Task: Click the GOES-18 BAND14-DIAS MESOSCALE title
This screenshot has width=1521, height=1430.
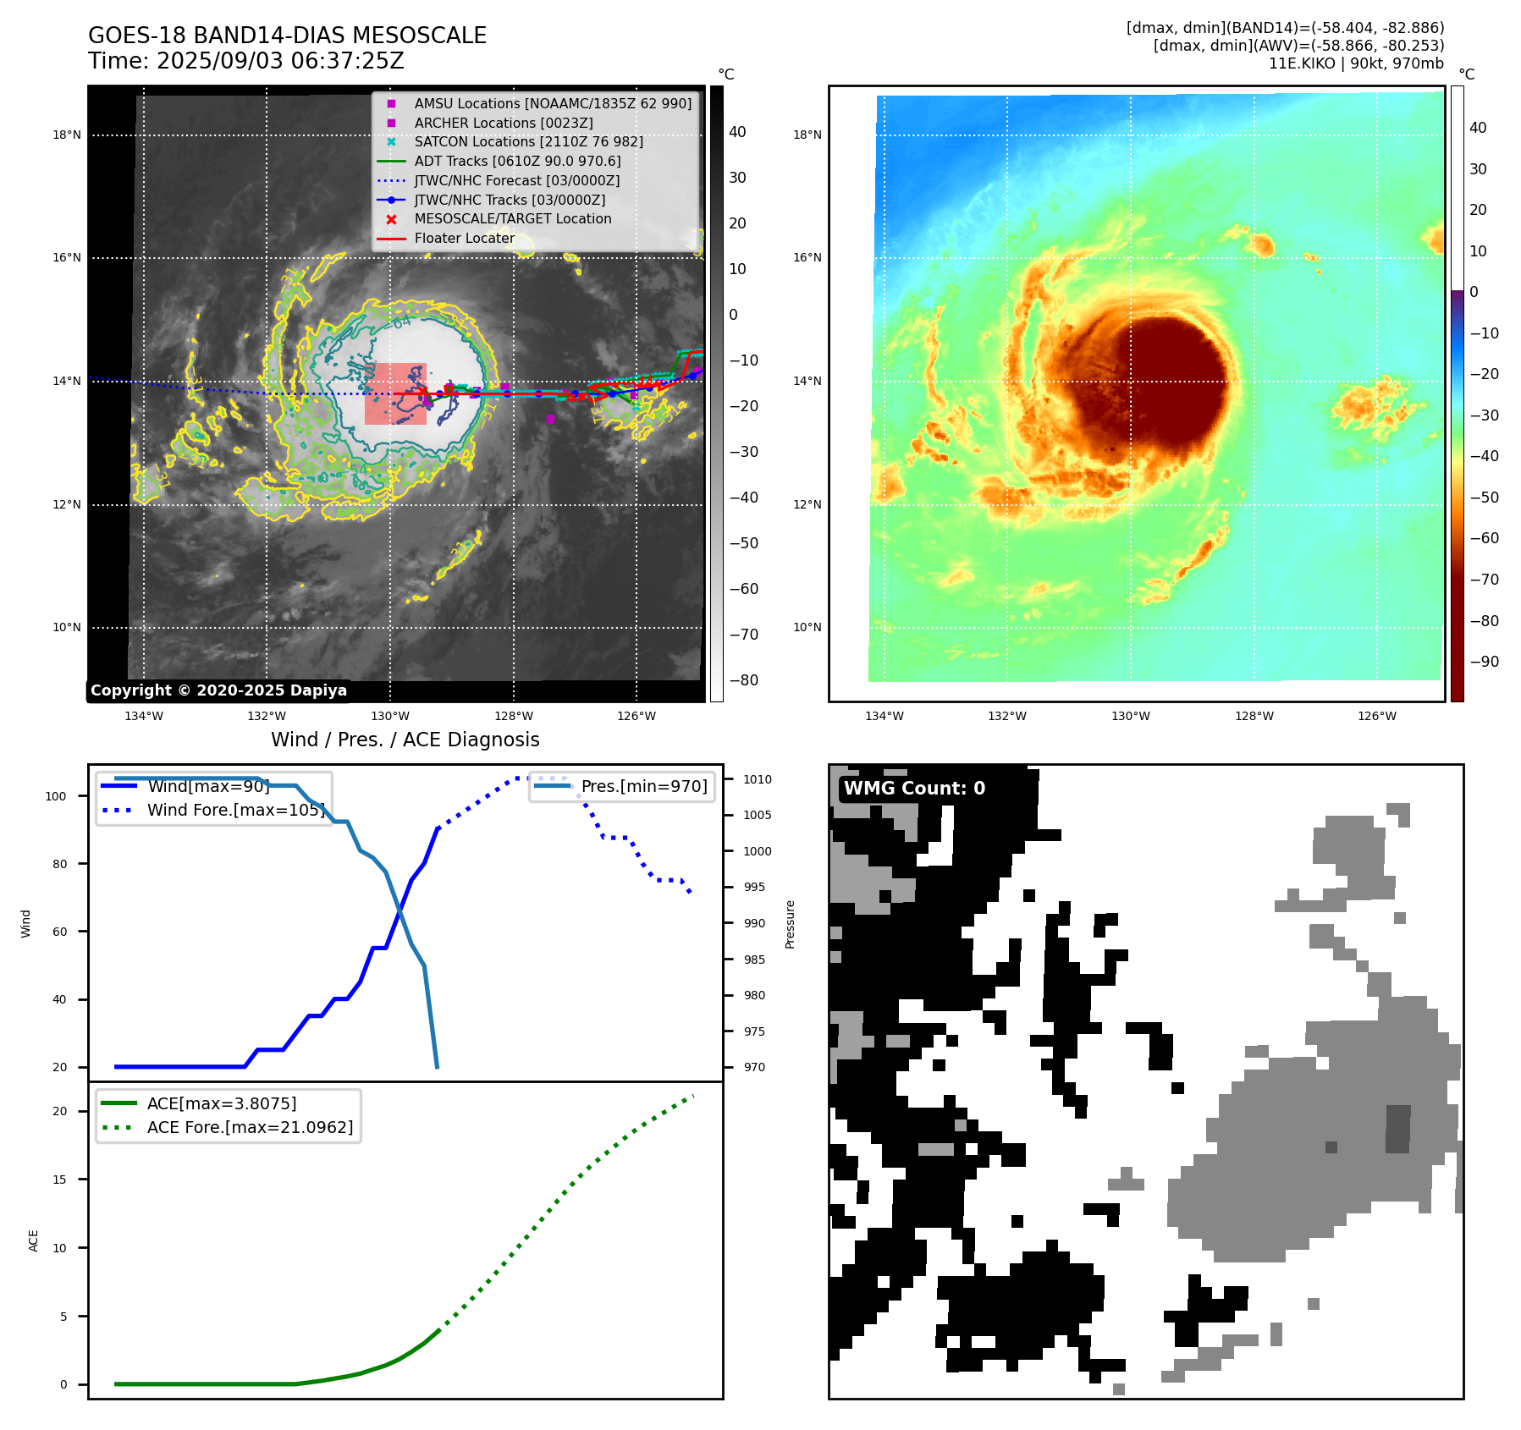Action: [287, 36]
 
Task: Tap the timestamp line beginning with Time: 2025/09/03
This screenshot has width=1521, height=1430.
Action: [245, 62]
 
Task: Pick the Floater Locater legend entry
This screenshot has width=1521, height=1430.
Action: [464, 239]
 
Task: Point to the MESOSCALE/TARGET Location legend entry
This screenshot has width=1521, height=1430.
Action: [512, 219]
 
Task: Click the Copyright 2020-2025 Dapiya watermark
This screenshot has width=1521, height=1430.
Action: [218, 690]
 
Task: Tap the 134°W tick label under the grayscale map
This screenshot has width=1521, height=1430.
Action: [144, 717]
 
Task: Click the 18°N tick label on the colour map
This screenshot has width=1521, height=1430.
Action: [807, 135]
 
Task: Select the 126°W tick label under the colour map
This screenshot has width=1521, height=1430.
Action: [1376, 717]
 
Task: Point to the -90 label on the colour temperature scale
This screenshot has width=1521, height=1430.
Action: [1484, 662]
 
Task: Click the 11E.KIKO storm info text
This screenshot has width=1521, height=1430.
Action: [1355, 63]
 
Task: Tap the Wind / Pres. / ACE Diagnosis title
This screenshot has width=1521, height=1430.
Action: [405, 740]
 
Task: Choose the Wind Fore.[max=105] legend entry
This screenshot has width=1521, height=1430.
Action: [235, 810]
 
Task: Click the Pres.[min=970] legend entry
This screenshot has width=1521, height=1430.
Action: [643, 786]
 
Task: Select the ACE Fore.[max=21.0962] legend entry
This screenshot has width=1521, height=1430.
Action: [250, 1127]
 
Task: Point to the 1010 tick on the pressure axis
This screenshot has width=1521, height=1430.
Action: [758, 779]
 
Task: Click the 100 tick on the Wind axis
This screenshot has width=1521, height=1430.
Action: [56, 796]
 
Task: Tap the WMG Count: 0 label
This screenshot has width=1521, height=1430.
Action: [914, 789]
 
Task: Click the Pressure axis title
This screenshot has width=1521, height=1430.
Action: [790, 924]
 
